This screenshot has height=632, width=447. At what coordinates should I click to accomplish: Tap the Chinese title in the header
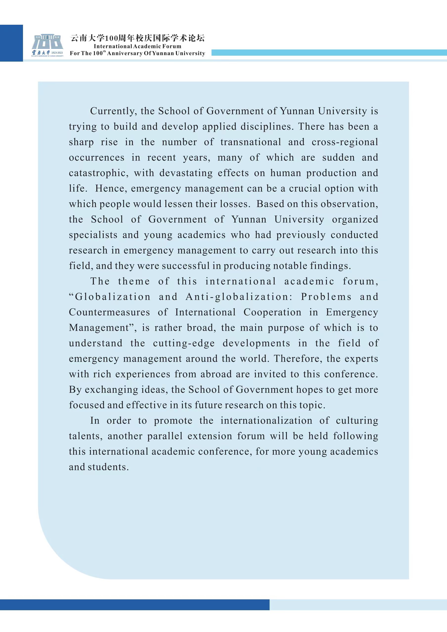pyautogui.click(x=138, y=38)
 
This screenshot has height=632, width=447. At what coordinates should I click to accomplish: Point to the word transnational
pyautogui.click(x=251, y=142)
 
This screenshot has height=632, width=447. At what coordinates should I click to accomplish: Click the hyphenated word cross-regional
pyautogui.click(x=345, y=142)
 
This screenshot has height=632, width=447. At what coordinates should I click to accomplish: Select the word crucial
pyautogui.click(x=305, y=188)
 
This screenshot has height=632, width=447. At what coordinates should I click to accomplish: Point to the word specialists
pyautogui.click(x=93, y=235)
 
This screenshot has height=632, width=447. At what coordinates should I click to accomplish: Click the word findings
pyautogui.click(x=330, y=266)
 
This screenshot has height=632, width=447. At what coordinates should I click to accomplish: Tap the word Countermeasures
pyautogui.click(x=109, y=312)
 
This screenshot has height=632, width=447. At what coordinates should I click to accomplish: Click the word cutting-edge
pyautogui.click(x=184, y=343)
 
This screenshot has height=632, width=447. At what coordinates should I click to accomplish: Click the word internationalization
pyautogui.click(x=266, y=421)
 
